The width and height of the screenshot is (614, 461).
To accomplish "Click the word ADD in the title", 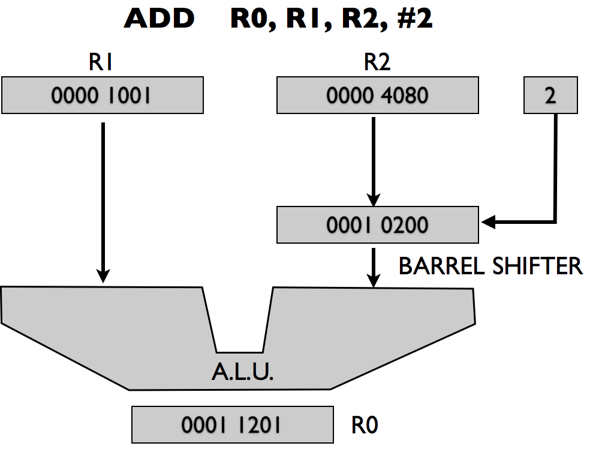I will pyautogui.click(x=159, y=19).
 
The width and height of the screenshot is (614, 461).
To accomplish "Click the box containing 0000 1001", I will pyautogui.click(x=102, y=95).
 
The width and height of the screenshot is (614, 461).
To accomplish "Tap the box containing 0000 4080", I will pyautogui.click(x=377, y=95).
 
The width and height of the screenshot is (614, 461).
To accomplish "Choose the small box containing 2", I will pyautogui.click(x=550, y=95).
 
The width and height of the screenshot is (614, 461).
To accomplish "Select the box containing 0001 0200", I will pyautogui.click(x=377, y=224).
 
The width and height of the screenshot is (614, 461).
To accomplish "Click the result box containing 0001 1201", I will pyautogui.click(x=232, y=424).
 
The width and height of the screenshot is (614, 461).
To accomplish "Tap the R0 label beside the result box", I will pyautogui.click(x=365, y=426).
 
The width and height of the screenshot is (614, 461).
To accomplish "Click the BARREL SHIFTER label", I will pyautogui.click(x=490, y=266).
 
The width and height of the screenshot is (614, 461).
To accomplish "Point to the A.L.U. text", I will pyautogui.click(x=242, y=373).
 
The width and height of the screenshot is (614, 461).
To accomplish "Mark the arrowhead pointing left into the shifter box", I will pyautogui.click(x=488, y=223).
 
